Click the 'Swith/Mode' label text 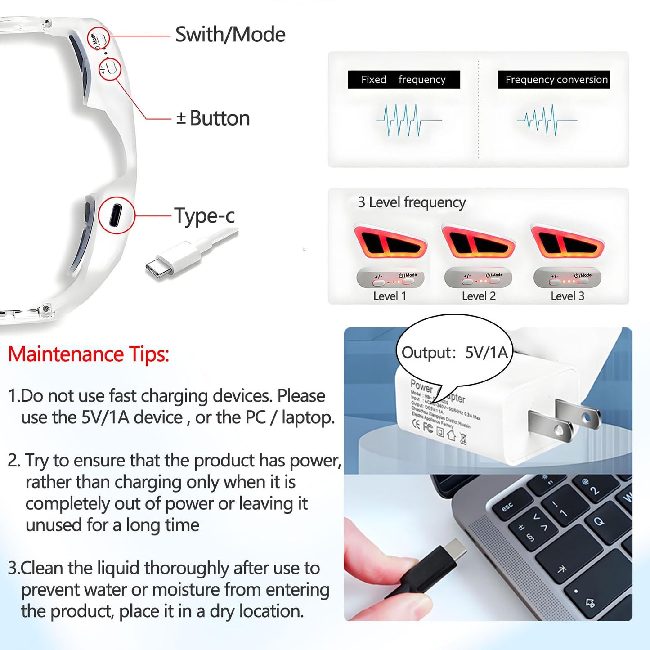pos(230,35)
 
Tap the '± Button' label pos(213,118)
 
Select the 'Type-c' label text pos(204,215)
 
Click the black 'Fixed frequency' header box pos(403,80)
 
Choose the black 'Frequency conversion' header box pos(554,80)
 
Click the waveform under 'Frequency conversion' pos(546,120)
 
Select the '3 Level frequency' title pos(412,202)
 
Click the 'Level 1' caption pos(390,296)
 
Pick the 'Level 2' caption pos(479,296)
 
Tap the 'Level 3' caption pos(567,296)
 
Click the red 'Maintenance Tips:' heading pos(89,354)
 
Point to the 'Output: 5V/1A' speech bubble pos(454,352)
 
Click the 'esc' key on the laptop pos(508,507)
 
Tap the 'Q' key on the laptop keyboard pos(599,522)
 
